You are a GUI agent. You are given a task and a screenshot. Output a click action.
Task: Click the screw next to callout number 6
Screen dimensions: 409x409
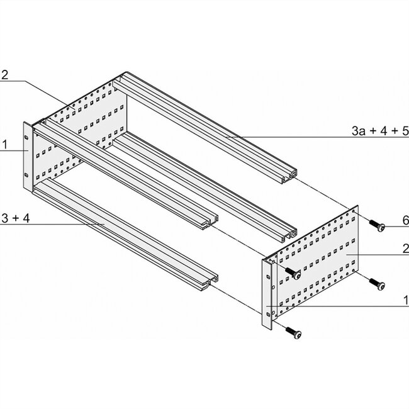pyautogui.click(x=376, y=224)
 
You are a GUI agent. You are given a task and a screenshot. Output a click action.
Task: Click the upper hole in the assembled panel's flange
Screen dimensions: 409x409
pyautogui.click(x=27, y=137)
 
